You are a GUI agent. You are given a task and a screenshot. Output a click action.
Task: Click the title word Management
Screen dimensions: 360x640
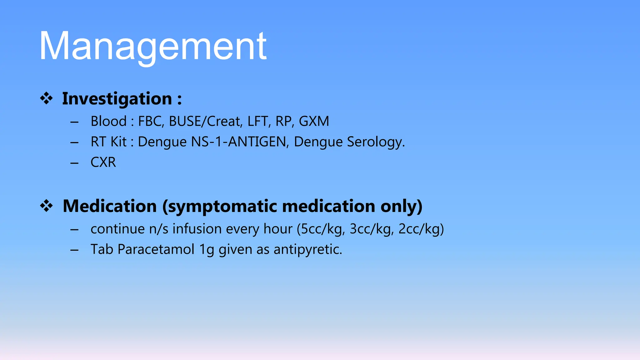click(153, 46)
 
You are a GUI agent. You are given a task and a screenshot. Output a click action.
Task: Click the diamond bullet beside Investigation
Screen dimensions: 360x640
click(46, 98)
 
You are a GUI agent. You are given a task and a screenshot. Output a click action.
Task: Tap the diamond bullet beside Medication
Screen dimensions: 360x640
click(46, 206)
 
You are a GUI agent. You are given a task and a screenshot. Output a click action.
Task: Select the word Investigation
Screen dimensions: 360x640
click(117, 99)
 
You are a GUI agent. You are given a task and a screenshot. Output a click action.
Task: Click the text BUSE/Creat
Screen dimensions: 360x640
click(206, 122)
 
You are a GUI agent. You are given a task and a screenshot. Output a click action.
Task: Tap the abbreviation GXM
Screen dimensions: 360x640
click(314, 122)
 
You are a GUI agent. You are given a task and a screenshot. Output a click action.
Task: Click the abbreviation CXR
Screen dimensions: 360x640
click(103, 162)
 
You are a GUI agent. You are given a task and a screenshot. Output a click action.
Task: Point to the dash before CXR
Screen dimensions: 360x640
click(74, 163)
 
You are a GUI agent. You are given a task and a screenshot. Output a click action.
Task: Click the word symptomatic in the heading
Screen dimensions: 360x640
click(220, 207)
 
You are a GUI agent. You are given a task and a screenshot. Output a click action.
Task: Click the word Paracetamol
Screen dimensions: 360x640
click(156, 250)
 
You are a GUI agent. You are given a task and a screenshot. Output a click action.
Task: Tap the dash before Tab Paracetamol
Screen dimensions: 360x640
click(74, 250)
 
